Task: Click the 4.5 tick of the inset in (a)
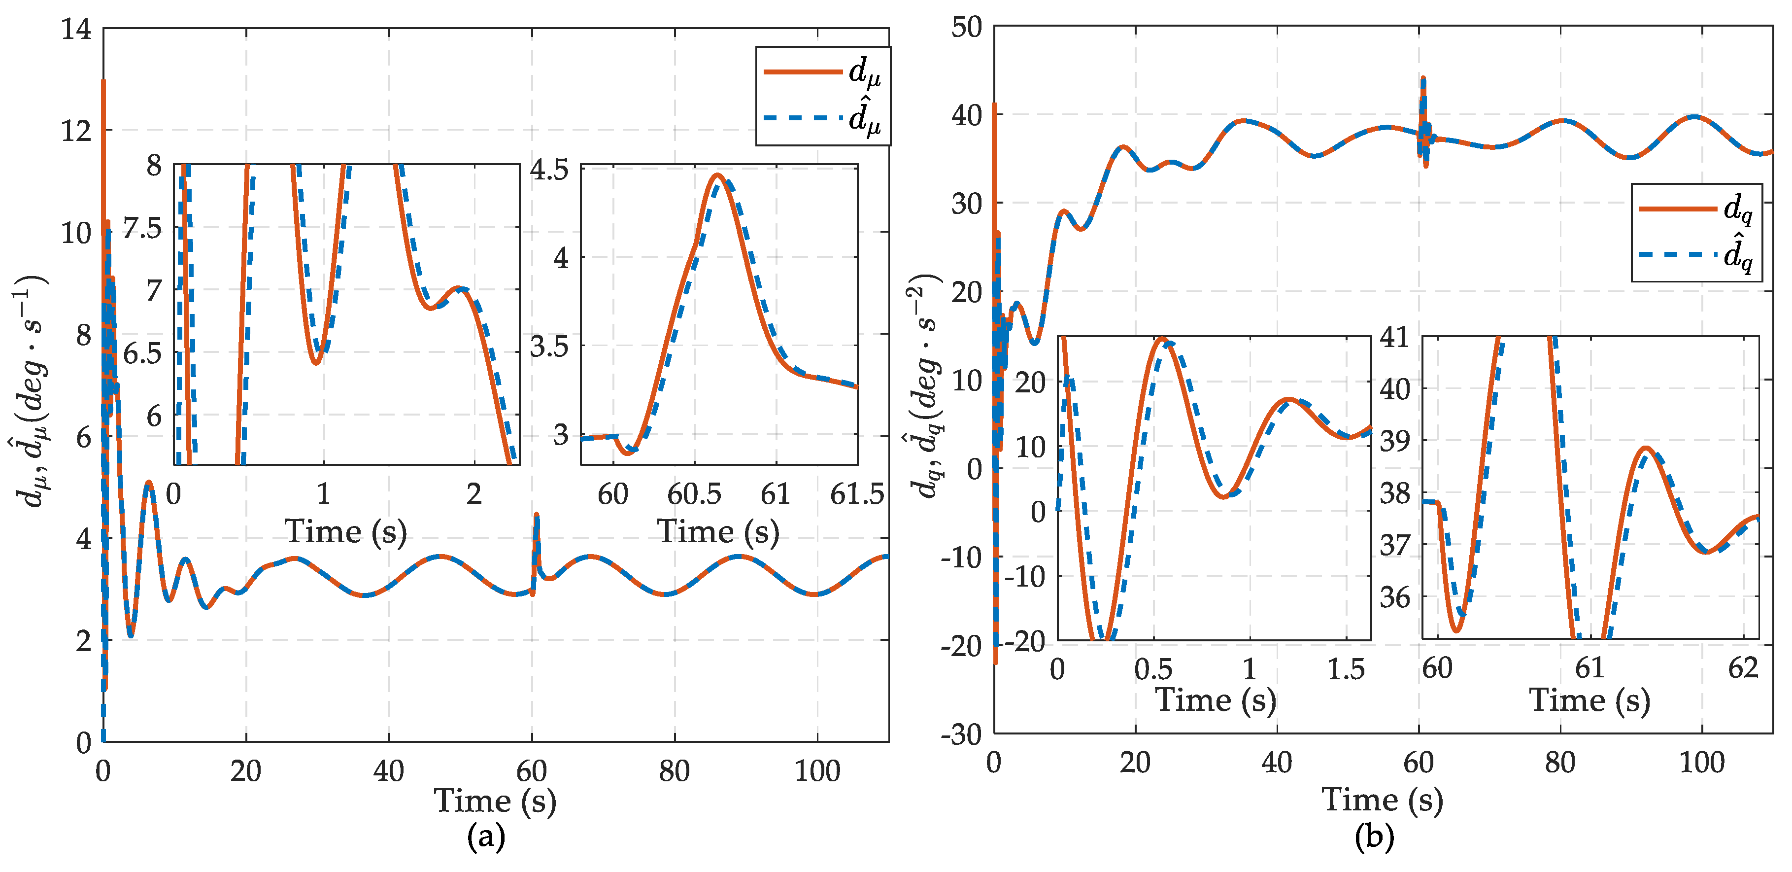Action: (x=549, y=169)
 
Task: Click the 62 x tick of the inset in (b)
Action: (x=1743, y=668)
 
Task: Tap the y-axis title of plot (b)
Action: (x=925, y=386)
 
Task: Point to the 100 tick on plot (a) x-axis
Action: (x=817, y=771)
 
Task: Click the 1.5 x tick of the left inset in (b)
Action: (x=1346, y=669)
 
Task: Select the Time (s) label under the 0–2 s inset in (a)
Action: (x=346, y=532)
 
